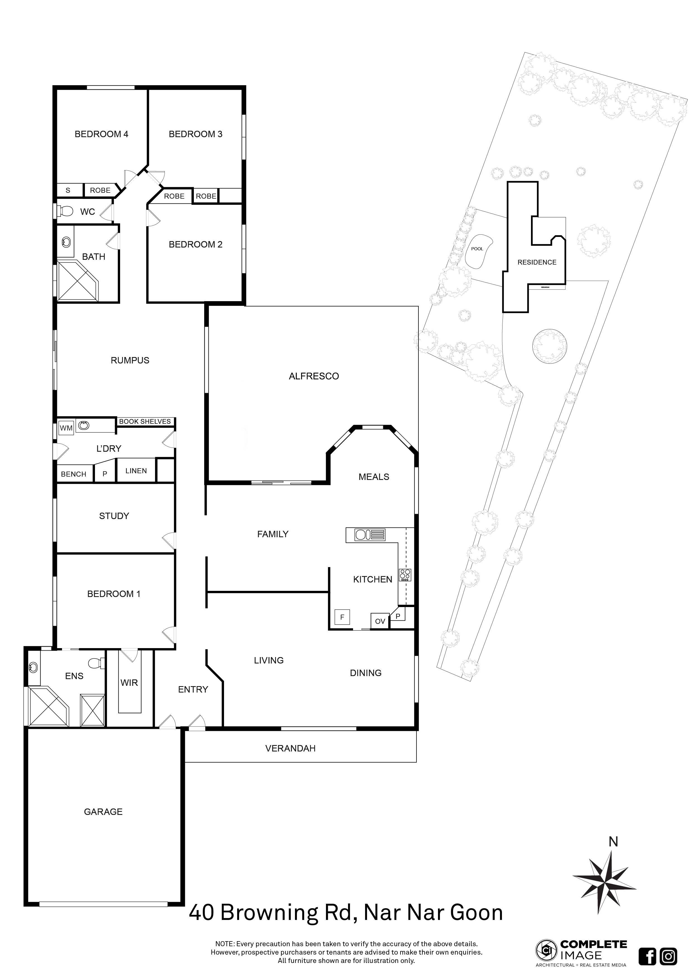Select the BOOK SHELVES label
145,421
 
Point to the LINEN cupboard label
136,471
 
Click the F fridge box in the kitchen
342,617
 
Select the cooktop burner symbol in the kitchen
405,575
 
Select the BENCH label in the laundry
73,474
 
